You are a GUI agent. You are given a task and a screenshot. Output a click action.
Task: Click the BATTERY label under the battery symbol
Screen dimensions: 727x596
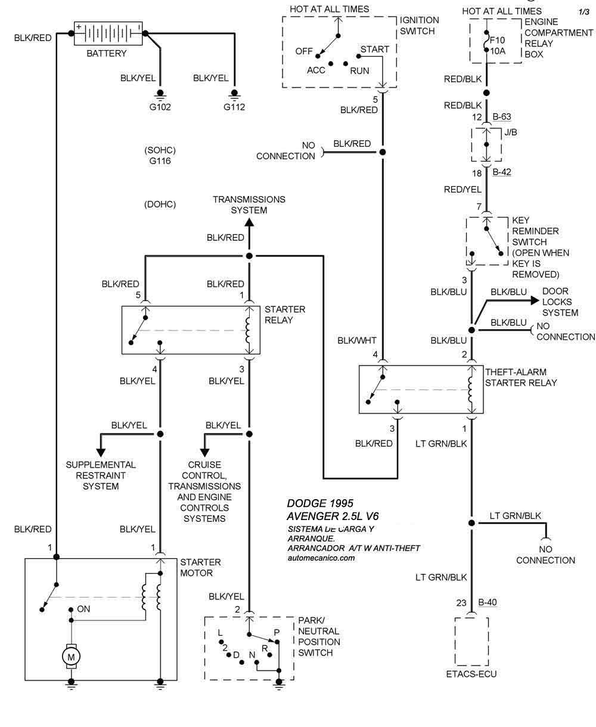(x=107, y=54)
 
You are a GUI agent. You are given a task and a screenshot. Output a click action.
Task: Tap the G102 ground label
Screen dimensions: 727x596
(x=160, y=107)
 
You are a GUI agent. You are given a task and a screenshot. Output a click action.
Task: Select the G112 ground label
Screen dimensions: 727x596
(x=234, y=107)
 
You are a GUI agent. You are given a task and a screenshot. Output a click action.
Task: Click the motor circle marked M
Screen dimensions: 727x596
(x=72, y=657)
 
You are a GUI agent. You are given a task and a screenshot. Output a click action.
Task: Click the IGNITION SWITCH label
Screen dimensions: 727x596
(x=420, y=25)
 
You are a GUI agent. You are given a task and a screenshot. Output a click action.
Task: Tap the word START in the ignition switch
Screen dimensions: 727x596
(x=374, y=49)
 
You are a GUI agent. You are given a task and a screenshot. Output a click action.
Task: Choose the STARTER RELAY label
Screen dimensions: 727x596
(x=285, y=314)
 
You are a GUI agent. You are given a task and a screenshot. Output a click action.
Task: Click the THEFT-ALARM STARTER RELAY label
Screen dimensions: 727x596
(x=521, y=378)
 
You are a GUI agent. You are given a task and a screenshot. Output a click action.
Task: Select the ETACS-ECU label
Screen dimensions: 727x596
(x=471, y=675)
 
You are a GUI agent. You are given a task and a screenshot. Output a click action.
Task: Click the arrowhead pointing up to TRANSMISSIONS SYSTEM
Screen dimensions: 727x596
(x=249, y=222)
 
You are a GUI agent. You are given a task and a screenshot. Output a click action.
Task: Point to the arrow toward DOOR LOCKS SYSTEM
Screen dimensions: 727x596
(x=528, y=301)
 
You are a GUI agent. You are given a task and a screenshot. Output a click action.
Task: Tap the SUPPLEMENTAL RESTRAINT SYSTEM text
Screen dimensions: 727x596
(x=101, y=475)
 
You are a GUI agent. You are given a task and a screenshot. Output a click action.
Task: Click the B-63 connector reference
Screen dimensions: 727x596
(x=502, y=117)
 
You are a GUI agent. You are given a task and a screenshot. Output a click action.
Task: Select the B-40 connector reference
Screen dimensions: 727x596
(x=487, y=602)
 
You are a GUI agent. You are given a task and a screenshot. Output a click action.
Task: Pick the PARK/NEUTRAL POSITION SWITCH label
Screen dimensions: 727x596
(x=319, y=636)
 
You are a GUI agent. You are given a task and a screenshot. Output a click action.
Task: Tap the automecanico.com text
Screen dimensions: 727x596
(x=321, y=558)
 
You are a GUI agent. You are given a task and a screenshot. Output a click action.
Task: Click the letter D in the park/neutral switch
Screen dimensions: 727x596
(x=236, y=655)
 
